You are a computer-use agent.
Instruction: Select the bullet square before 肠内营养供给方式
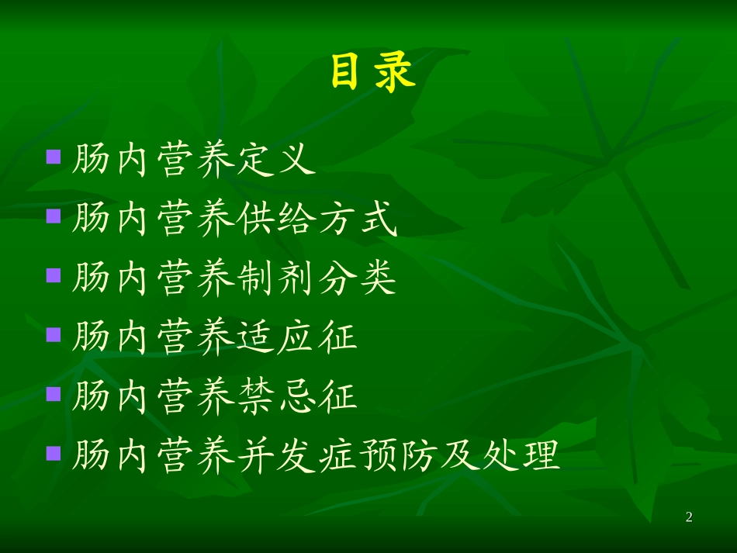[x=54, y=215]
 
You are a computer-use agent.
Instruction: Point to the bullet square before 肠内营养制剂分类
[x=54, y=275]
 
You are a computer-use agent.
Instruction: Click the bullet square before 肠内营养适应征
[x=54, y=334]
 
